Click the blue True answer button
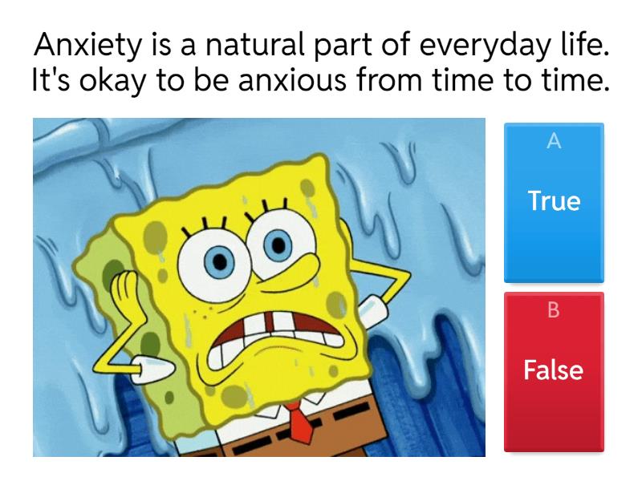(x=553, y=202)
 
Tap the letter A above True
(x=553, y=142)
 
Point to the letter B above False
(x=553, y=311)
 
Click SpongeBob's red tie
(x=300, y=420)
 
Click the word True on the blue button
(x=553, y=201)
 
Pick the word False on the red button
(x=553, y=370)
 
